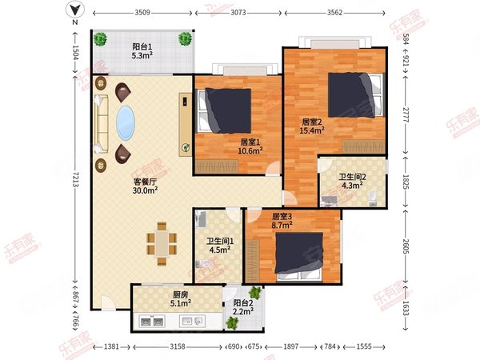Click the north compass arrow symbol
point(74,10)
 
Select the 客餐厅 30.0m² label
point(145,185)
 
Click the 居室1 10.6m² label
point(250,146)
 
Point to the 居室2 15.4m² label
point(311,126)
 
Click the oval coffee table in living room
point(126,125)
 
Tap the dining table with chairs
point(162,243)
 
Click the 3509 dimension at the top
point(142,13)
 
